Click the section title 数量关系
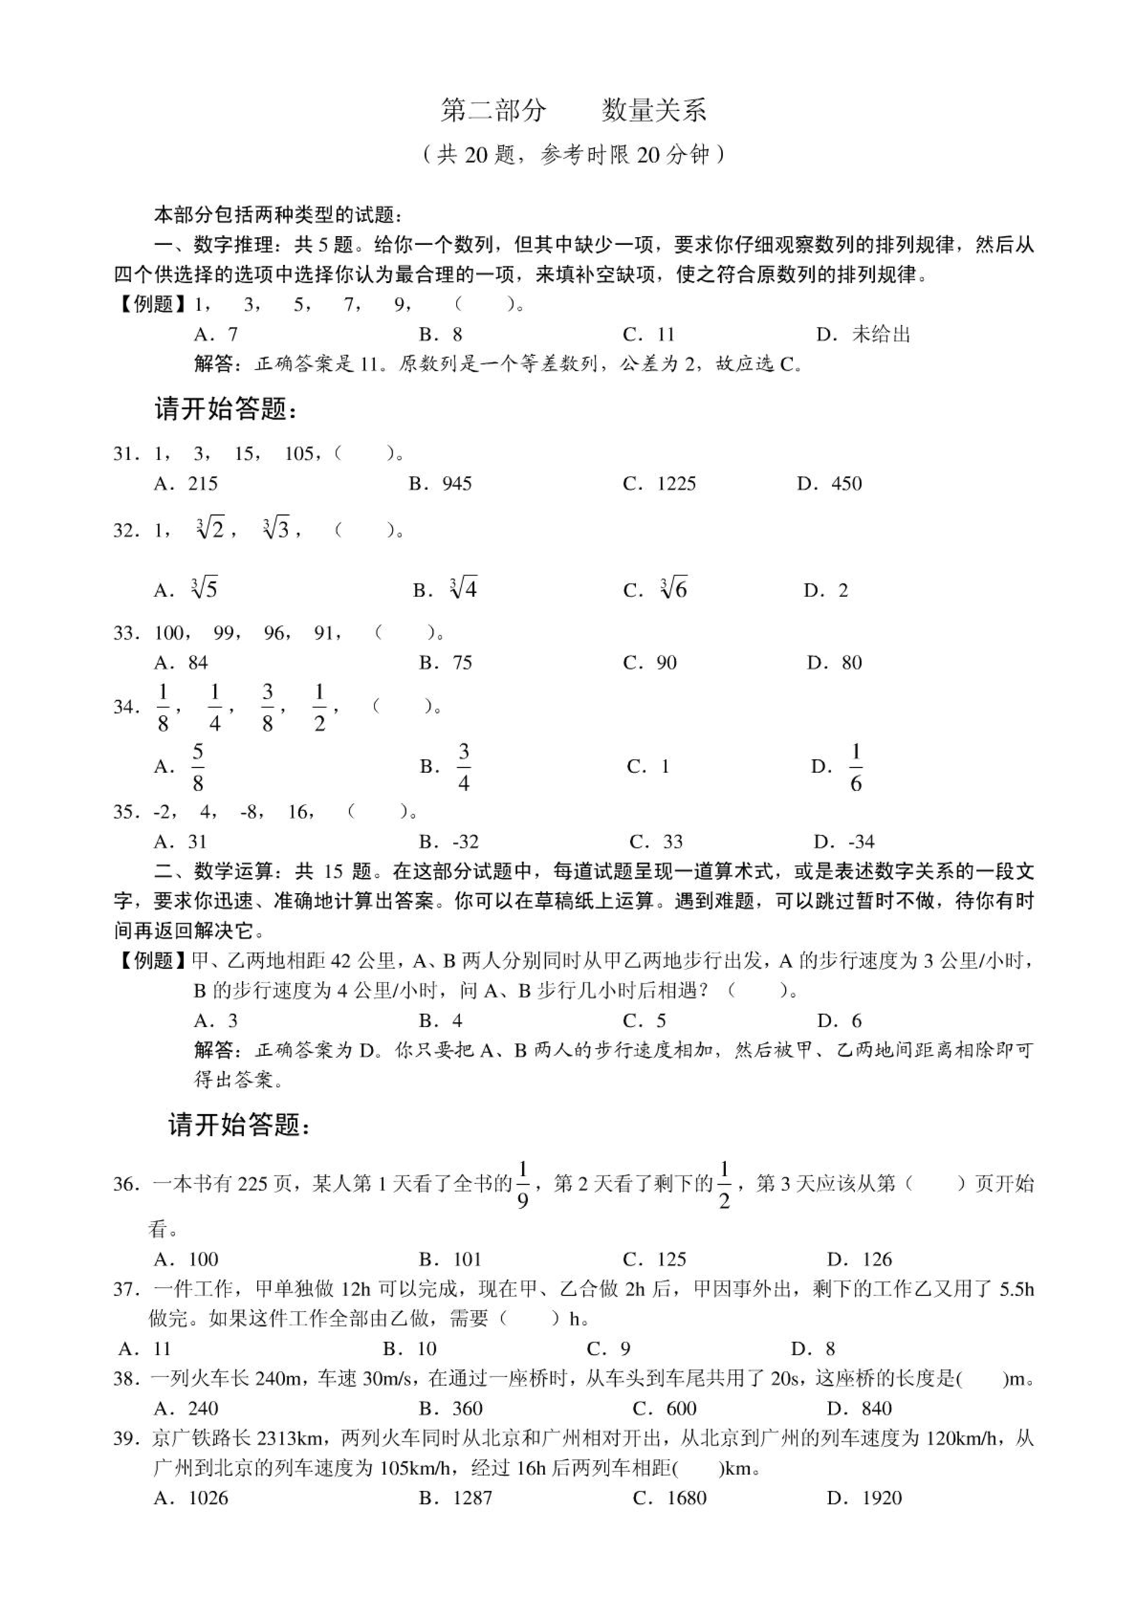pos(654,110)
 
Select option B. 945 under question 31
pos(440,483)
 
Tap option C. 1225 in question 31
pos(659,483)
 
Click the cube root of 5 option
pos(185,589)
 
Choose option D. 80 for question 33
pos(834,663)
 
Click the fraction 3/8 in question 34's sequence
pos(268,707)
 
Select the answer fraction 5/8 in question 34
pos(197,767)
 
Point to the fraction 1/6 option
pos(855,767)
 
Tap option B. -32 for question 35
pos(449,841)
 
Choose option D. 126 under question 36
pos(859,1259)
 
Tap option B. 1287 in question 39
pos(455,1497)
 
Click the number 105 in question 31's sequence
pos(300,454)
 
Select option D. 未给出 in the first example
pos(864,334)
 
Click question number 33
pos(125,633)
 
